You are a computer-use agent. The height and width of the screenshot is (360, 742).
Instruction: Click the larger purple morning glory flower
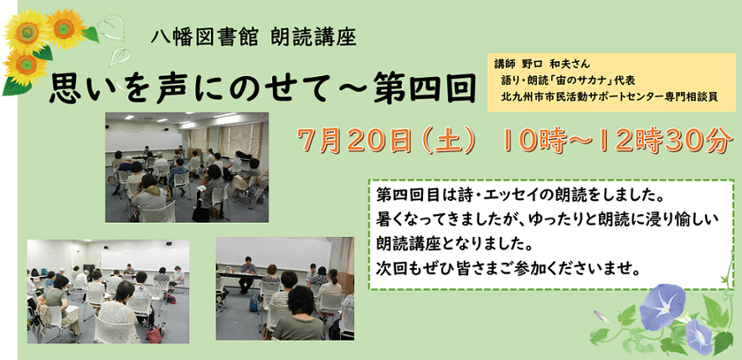662,306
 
